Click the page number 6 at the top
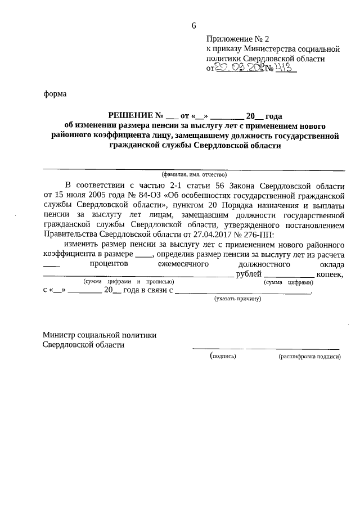click(193, 25)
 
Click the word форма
click(55, 94)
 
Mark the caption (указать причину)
click(238, 299)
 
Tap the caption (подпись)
click(223, 356)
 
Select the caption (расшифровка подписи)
click(309, 356)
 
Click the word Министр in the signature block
click(60, 335)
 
